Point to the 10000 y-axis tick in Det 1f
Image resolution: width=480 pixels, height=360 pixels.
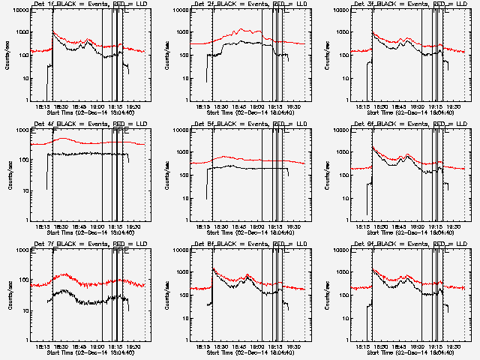point(19,10)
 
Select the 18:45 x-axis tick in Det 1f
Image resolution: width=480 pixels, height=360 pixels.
point(80,106)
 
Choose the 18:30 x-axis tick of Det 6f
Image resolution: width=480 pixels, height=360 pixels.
point(381,226)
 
